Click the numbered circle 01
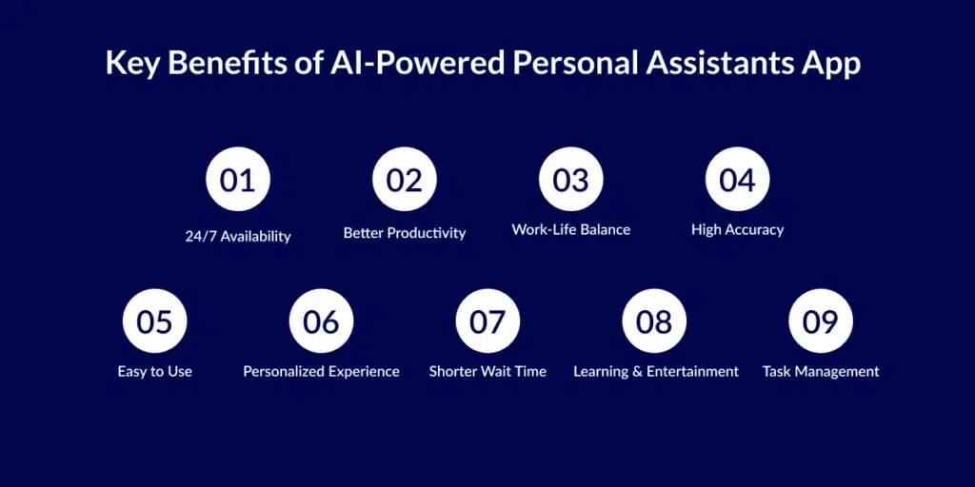click(x=238, y=179)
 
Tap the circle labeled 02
click(x=405, y=179)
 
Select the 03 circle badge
click(x=571, y=179)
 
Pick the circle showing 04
click(x=738, y=179)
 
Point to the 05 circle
click(x=155, y=321)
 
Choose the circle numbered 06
click(x=322, y=321)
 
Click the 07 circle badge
click(x=488, y=321)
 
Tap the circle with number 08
click(x=655, y=321)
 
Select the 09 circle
click(x=821, y=321)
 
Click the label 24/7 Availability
click(x=238, y=237)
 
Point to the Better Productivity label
click(x=405, y=234)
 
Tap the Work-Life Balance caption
click(x=571, y=230)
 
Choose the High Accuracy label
click(x=738, y=230)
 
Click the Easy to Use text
click(x=155, y=372)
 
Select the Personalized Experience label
click(x=322, y=372)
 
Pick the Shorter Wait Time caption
click(x=488, y=372)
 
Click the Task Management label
click(x=821, y=372)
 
